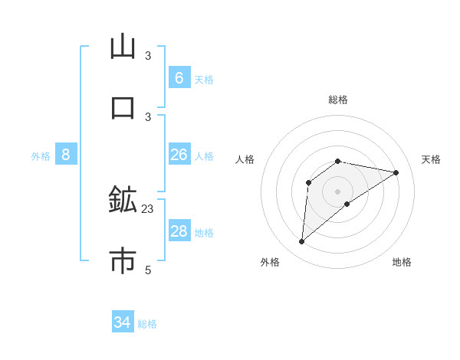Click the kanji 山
point(123,47)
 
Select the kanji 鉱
point(123,200)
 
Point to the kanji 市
point(123,261)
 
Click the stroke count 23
point(148,208)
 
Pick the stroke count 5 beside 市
point(148,270)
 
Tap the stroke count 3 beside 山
point(148,55)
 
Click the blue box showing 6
point(179,77)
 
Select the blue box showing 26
point(179,155)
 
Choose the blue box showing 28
point(179,231)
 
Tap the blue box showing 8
point(66,155)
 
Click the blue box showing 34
point(123,322)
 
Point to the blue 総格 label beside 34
point(147,324)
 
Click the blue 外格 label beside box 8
point(41,156)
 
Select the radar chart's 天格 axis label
point(431,159)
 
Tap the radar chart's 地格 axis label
point(402,262)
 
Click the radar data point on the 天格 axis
point(396,172)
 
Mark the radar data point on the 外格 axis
point(301,242)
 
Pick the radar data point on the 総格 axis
point(338,161)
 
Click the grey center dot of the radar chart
point(338,191)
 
